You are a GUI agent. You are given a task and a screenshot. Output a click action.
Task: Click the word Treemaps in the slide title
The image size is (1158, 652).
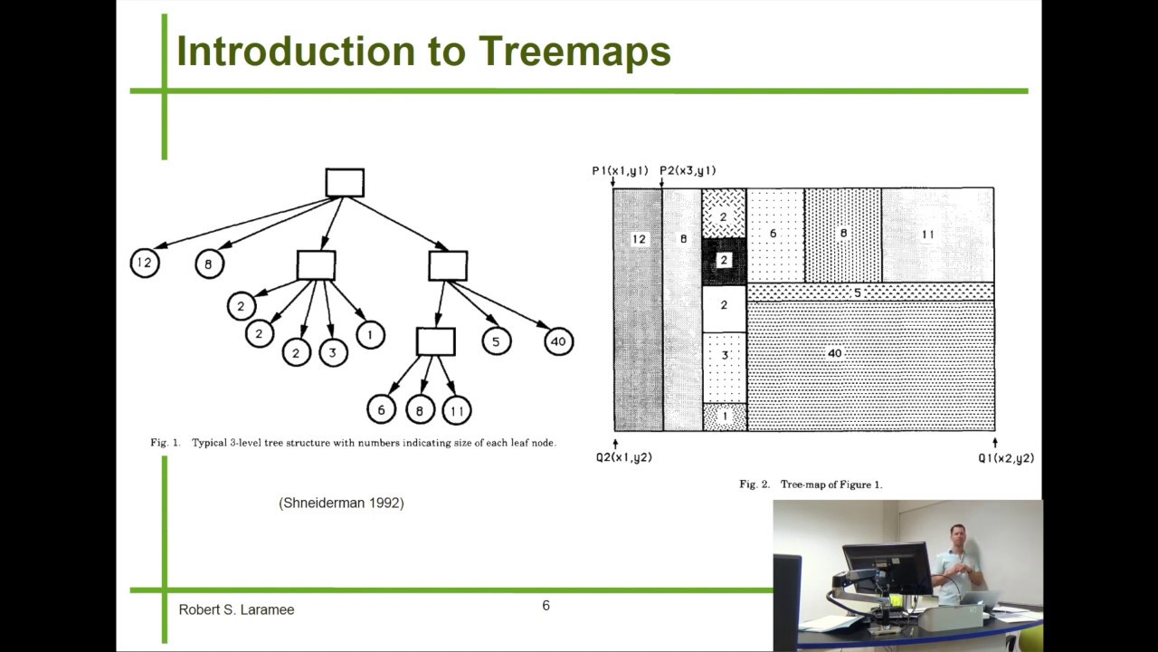pyautogui.click(x=574, y=53)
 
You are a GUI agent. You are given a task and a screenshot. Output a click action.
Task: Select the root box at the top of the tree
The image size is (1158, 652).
pyautogui.click(x=345, y=183)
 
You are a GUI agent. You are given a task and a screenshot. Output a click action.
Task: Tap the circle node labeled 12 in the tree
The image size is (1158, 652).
pyautogui.click(x=145, y=263)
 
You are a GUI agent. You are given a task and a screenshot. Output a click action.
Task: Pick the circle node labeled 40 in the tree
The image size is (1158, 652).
pyautogui.click(x=558, y=341)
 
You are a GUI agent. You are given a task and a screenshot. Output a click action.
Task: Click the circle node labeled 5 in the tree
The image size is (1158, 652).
pyautogui.click(x=496, y=341)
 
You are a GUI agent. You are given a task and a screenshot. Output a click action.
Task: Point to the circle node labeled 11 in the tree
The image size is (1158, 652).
pyautogui.click(x=457, y=410)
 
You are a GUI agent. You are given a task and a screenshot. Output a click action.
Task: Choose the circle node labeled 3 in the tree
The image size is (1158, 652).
pyautogui.click(x=333, y=352)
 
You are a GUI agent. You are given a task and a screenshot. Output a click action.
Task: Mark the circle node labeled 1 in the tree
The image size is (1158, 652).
pyautogui.click(x=370, y=335)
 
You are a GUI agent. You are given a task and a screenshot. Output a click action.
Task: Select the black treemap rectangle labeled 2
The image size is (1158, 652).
pyautogui.click(x=724, y=261)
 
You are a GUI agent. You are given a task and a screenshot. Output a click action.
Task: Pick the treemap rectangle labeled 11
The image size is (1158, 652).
pyautogui.click(x=937, y=235)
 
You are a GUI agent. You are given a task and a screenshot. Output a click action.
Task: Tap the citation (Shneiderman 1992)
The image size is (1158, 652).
pyautogui.click(x=341, y=503)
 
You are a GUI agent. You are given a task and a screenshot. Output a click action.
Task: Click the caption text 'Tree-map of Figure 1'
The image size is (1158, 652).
pyautogui.click(x=831, y=484)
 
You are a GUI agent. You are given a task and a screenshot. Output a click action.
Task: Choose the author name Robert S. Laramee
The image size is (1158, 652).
pyautogui.click(x=236, y=610)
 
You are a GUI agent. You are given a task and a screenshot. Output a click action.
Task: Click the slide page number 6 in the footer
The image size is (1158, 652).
pyautogui.click(x=546, y=606)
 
